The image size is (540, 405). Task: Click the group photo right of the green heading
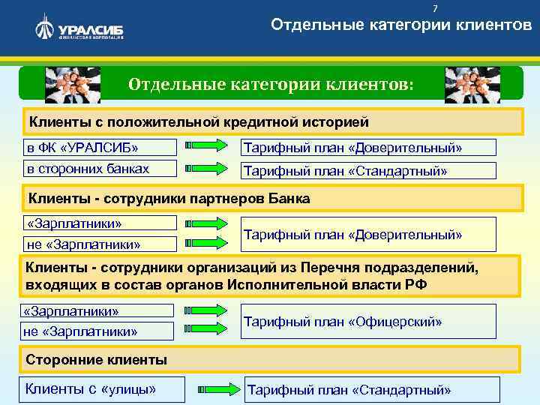click(467, 83)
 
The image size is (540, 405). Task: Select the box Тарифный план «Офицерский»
click(367, 322)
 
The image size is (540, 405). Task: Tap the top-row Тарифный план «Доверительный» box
click(367, 148)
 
